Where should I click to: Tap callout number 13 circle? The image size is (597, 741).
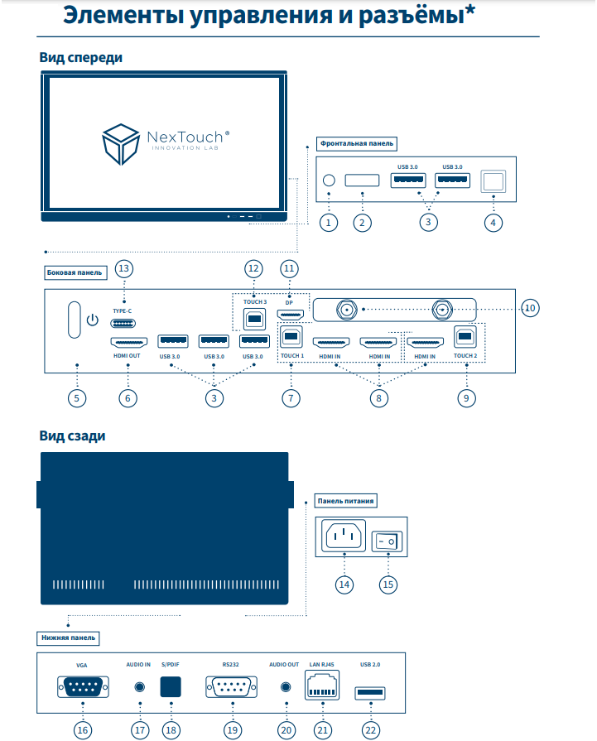124,268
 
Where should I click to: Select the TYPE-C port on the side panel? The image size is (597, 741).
124,324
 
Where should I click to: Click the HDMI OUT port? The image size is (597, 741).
128,341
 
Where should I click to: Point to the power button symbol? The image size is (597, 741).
92,320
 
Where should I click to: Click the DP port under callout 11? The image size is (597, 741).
289,315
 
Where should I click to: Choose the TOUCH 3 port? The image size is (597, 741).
250,317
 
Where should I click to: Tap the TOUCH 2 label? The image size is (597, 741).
465,355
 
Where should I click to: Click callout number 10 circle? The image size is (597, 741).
530,308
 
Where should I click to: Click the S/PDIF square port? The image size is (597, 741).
170,687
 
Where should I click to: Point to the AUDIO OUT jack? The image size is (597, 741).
286,687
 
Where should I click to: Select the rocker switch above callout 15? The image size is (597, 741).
386,541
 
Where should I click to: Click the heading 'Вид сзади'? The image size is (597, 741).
72,435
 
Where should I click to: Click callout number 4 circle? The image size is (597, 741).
493,222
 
